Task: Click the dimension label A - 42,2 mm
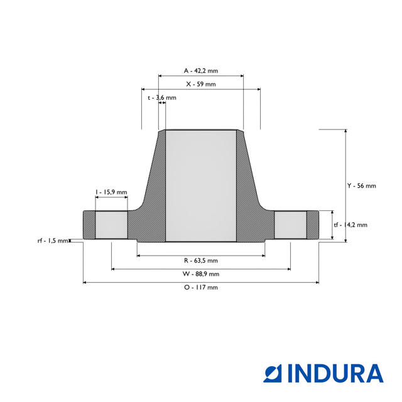(x=200, y=70)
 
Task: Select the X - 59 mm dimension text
(x=200, y=84)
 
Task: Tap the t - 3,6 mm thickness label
(x=161, y=98)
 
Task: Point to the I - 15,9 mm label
(x=111, y=192)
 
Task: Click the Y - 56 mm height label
(x=362, y=186)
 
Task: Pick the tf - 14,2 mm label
(x=350, y=224)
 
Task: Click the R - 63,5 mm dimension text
(x=200, y=260)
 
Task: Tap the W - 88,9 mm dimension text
(x=200, y=274)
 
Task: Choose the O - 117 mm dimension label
(x=200, y=287)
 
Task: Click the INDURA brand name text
(x=335, y=373)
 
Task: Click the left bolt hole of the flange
(x=111, y=225)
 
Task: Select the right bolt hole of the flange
(x=290, y=225)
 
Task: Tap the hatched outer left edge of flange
(x=89, y=225)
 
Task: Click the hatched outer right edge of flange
(x=313, y=225)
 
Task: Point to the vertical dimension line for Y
(x=345, y=157)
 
